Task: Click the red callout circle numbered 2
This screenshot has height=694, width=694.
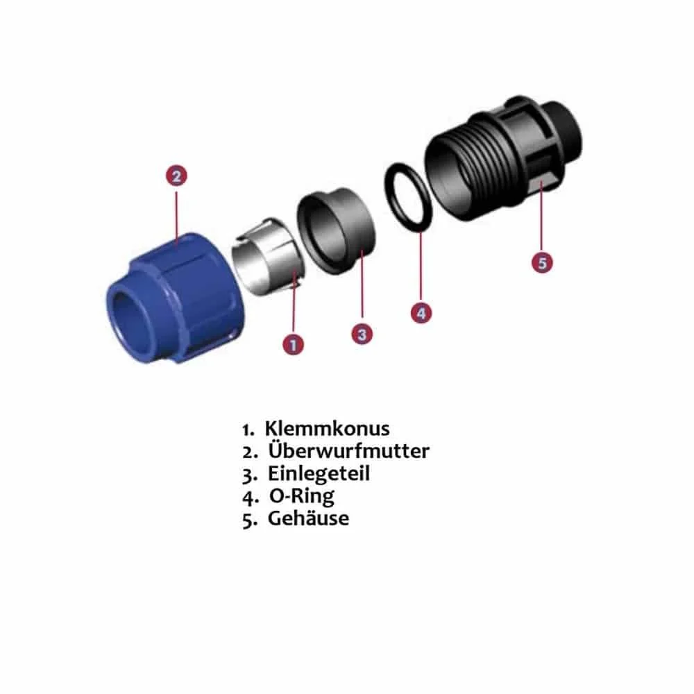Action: (x=176, y=176)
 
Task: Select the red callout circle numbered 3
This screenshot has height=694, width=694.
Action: (x=362, y=334)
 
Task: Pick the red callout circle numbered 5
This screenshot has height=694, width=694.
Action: (x=543, y=262)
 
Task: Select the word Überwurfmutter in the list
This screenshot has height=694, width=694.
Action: (x=348, y=451)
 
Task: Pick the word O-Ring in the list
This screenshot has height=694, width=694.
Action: (x=301, y=496)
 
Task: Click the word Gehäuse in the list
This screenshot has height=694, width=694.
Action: (x=309, y=518)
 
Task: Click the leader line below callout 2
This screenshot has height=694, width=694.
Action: (x=176, y=215)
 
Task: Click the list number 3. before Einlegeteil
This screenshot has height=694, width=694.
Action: (x=250, y=475)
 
